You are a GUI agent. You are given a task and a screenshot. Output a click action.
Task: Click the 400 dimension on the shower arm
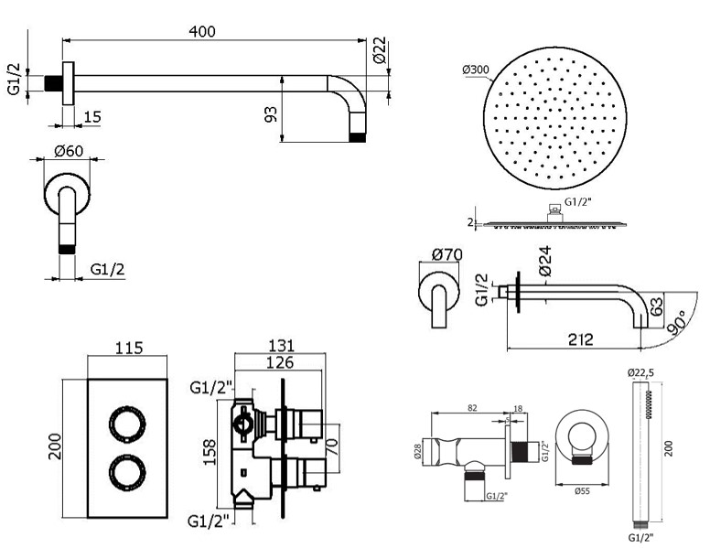[x=202, y=31]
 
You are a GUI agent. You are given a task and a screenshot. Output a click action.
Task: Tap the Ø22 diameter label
[x=380, y=49]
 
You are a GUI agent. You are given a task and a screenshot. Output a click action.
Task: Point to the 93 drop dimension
[x=270, y=114]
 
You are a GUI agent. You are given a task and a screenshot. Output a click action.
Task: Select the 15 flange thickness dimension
[x=92, y=117]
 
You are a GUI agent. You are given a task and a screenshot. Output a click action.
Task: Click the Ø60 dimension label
[x=69, y=151]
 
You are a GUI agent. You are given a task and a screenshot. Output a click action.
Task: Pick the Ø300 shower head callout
[x=476, y=70]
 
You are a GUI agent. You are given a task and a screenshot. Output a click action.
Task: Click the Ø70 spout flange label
[x=446, y=254]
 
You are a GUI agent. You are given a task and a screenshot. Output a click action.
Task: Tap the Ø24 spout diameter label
[x=544, y=261]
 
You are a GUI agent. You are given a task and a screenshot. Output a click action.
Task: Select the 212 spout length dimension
[x=580, y=339]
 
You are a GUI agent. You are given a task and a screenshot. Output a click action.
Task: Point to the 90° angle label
[x=676, y=322]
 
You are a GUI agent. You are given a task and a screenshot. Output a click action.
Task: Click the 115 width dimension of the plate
[x=129, y=348]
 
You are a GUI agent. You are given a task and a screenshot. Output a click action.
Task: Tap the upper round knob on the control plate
[x=127, y=424]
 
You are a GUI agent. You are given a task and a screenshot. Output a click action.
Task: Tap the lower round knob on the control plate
[x=127, y=472]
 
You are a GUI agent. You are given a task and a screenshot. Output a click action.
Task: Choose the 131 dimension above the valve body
[x=281, y=346]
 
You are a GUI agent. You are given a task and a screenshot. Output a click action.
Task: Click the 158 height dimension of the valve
[x=210, y=451]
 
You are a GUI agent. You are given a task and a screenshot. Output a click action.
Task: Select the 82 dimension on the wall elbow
[x=472, y=408]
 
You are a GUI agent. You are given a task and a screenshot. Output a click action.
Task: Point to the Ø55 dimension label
[x=581, y=491]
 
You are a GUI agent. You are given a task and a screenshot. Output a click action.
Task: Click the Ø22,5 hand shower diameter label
[x=640, y=372]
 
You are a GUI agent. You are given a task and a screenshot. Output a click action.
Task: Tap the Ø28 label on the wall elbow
[x=417, y=451]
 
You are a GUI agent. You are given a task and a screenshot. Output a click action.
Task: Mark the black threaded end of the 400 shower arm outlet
[x=357, y=137]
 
